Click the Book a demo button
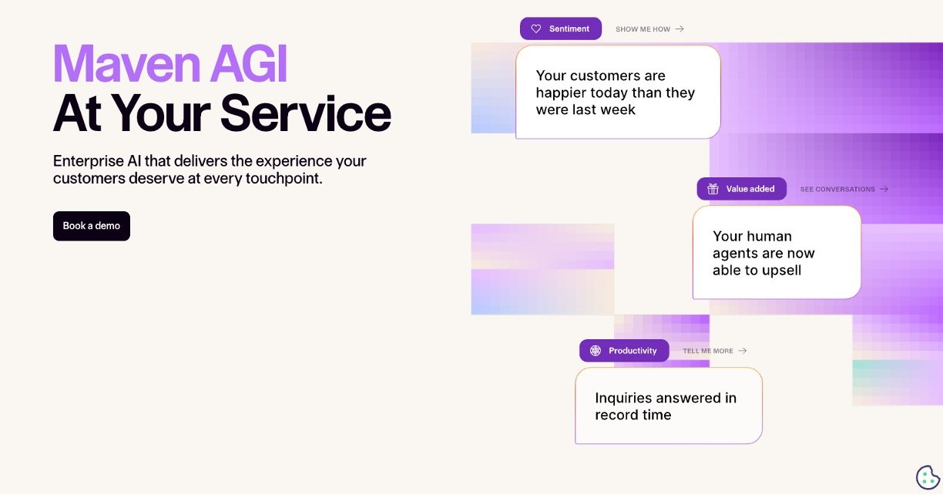(x=92, y=226)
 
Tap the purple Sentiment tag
(x=561, y=29)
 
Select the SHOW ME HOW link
(x=649, y=29)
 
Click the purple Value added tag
(x=741, y=189)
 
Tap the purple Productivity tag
(x=624, y=351)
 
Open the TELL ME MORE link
(x=714, y=351)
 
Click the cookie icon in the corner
(x=927, y=477)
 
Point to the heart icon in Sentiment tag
(x=536, y=29)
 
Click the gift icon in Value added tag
(x=713, y=189)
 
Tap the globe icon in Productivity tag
(x=596, y=351)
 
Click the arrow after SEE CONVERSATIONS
(x=884, y=189)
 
